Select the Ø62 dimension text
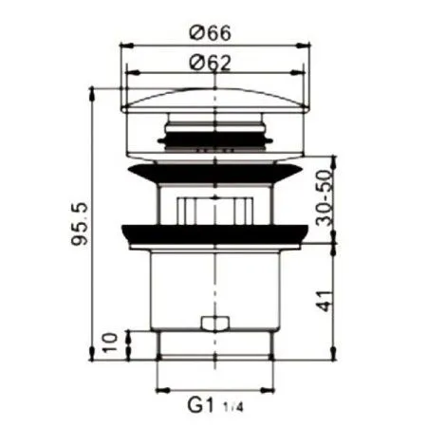coord(213,64)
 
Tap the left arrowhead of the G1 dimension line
coord(159,390)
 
